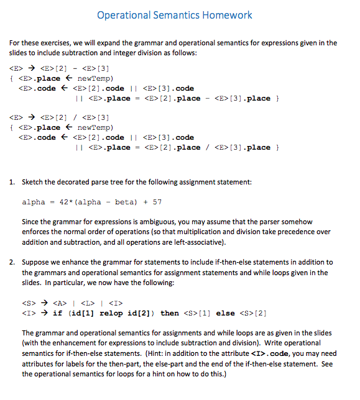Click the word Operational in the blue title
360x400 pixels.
pos(127,14)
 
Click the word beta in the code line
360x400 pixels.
pos(125,202)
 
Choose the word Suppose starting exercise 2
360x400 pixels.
pos(35,262)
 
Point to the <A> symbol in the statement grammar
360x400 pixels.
pos(59,302)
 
